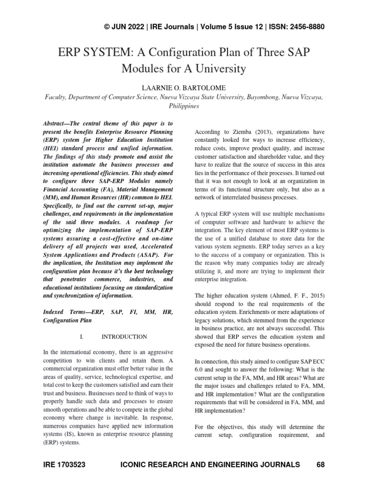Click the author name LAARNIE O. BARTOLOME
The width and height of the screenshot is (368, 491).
click(184, 88)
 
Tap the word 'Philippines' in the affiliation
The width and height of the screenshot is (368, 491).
click(184, 106)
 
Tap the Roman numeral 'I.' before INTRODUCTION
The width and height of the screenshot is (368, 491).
click(81, 337)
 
